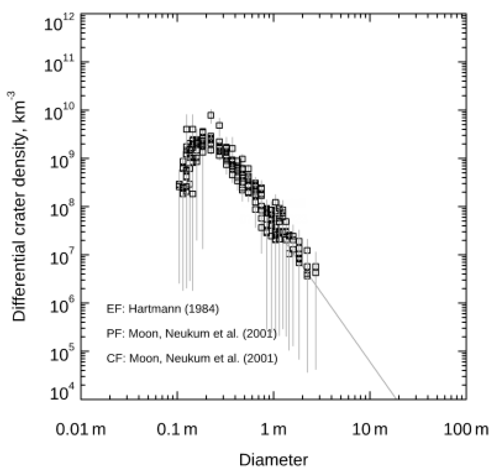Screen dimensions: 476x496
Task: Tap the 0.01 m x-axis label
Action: (80, 429)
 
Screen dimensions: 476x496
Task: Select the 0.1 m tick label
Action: (177, 429)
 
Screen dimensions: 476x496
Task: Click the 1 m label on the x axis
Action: (273, 429)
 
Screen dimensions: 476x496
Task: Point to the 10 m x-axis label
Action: (370, 429)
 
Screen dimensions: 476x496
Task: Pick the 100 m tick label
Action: (466, 429)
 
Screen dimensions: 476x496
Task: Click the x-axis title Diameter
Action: (273, 460)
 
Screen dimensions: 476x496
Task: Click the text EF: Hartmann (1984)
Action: (162, 309)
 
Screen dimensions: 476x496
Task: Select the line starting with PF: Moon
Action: (191, 334)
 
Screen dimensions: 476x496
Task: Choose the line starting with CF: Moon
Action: (192, 358)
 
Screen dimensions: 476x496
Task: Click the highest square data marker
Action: (211, 115)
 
